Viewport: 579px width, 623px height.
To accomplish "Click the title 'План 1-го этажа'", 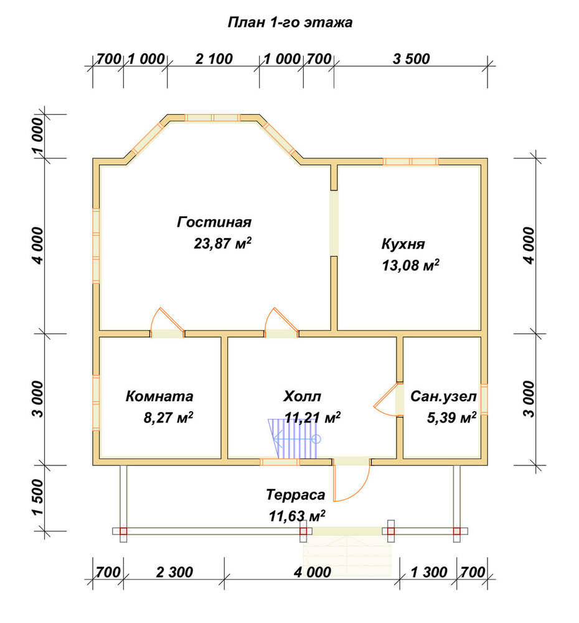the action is click(290, 22).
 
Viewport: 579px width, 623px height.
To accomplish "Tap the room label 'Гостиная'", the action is click(214, 222).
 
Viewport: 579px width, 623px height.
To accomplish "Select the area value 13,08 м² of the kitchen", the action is click(411, 265).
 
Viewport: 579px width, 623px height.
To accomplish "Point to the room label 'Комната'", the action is click(159, 396).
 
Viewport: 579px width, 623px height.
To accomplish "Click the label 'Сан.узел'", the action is click(443, 396).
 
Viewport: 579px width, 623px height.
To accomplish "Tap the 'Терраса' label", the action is click(296, 495).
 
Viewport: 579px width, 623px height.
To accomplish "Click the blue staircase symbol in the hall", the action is click(294, 439).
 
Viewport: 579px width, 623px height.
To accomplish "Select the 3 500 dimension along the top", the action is click(411, 59).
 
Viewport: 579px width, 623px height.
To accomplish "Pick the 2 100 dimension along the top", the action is click(214, 59).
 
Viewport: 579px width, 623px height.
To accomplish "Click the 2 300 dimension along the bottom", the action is click(174, 573).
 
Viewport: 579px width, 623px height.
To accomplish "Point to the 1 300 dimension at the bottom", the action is click(428, 573).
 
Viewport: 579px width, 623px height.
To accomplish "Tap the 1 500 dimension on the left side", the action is click(38, 497).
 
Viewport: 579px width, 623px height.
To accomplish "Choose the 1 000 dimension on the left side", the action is click(38, 135).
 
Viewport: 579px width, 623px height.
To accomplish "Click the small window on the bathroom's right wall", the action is click(484, 399).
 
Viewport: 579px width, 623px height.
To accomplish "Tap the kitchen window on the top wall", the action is click(411, 161).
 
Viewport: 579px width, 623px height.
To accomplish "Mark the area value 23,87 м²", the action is click(222, 243).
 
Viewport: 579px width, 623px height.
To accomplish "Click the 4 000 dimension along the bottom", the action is click(312, 573).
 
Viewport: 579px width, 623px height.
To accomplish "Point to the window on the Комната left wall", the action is click(96, 402).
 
